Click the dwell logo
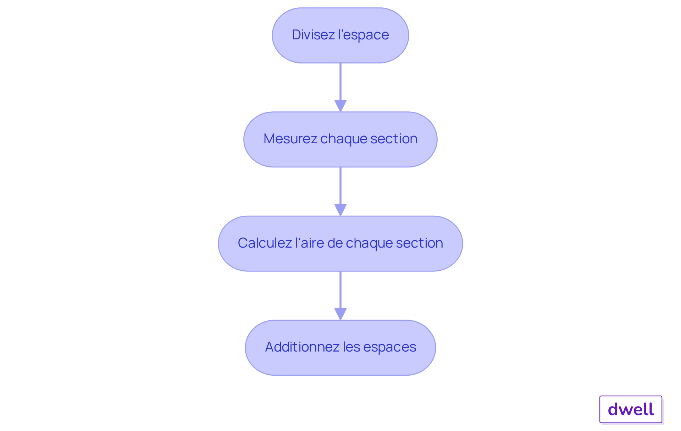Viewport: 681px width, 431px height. [631, 409]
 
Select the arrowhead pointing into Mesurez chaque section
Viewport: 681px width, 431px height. [340, 106]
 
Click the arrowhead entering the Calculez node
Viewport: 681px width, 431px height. [340, 210]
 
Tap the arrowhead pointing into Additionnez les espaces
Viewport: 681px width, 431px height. [340, 314]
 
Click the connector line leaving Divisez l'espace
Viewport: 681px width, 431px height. [340, 82]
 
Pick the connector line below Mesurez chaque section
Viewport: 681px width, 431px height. [340, 186]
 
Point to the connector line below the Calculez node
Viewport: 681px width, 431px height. [340, 290]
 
